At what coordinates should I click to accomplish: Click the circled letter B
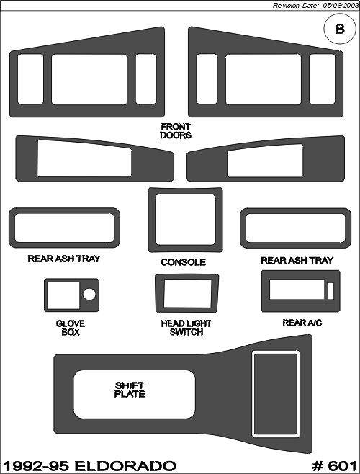pyautogui.click(x=340, y=29)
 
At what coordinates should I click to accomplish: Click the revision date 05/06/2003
pyautogui.click(x=341, y=6)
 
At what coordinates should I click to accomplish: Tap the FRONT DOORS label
pyautogui.click(x=176, y=131)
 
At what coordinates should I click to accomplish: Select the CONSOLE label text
pyautogui.click(x=183, y=262)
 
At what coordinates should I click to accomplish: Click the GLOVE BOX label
pyautogui.click(x=71, y=328)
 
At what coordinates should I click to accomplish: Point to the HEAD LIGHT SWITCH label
pyautogui.click(x=186, y=328)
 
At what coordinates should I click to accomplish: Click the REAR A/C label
pyautogui.click(x=302, y=323)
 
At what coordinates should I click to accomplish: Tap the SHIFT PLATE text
pyautogui.click(x=130, y=390)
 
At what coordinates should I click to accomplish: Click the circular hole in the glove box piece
pyautogui.click(x=89, y=294)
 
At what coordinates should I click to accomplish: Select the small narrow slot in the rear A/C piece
pyautogui.click(x=330, y=291)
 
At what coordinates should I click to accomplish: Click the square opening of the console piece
pyautogui.click(x=185, y=220)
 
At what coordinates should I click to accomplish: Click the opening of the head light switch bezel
pyautogui.click(x=187, y=293)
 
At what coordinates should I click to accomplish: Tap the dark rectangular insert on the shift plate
pyautogui.click(x=275, y=394)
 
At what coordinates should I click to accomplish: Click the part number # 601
pyautogui.click(x=334, y=466)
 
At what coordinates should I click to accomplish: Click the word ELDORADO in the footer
pyautogui.click(x=125, y=466)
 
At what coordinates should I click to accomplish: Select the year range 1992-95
pyautogui.click(x=37, y=466)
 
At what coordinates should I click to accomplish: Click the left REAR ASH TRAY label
pyautogui.click(x=64, y=259)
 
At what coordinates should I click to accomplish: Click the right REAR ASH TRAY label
pyautogui.click(x=297, y=261)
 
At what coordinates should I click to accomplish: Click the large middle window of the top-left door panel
pyautogui.click(x=89, y=79)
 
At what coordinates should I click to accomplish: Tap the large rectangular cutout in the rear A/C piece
pyautogui.click(x=297, y=290)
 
